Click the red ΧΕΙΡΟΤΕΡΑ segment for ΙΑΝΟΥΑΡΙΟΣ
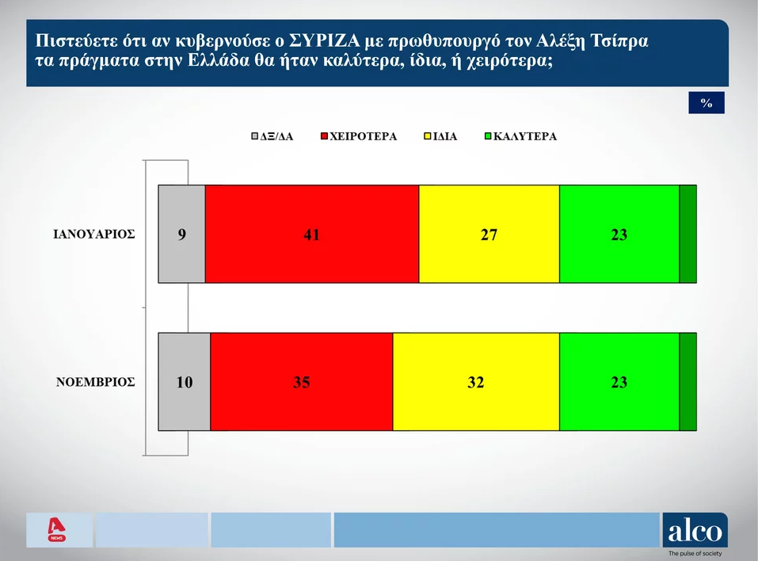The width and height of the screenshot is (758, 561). click(x=312, y=234)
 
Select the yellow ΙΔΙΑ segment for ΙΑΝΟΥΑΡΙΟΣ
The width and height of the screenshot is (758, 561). click(x=489, y=234)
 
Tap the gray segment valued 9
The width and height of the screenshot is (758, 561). click(x=181, y=234)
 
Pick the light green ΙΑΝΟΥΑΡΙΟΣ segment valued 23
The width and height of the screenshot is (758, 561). click(x=619, y=234)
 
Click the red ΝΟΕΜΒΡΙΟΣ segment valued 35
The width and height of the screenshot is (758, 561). click(x=302, y=382)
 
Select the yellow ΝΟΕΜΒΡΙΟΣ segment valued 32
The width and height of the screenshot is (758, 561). click(x=476, y=382)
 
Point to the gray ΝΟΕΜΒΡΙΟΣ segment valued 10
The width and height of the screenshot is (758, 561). click(x=185, y=382)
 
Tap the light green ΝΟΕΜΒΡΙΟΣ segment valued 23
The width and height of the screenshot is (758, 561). click(x=619, y=382)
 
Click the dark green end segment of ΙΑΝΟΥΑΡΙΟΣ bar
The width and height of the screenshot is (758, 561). click(x=688, y=234)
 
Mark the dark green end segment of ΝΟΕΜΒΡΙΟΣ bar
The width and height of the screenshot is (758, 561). click(x=688, y=382)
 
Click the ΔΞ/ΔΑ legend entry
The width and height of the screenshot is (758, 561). click(x=272, y=136)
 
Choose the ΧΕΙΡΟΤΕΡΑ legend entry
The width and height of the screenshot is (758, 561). click(x=359, y=136)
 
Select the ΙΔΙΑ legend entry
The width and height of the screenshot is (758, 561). click(x=440, y=136)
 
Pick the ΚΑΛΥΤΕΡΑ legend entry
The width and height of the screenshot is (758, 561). click(x=520, y=136)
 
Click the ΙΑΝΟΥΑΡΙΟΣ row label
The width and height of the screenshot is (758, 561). click(x=93, y=235)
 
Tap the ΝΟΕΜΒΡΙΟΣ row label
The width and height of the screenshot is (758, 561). click(x=95, y=382)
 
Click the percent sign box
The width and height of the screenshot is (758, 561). click(x=707, y=102)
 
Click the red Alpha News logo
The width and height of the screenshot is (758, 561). click(x=56, y=529)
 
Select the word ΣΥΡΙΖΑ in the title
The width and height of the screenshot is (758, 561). click(x=325, y=41)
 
